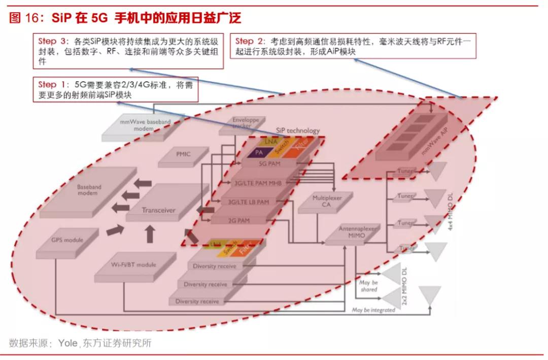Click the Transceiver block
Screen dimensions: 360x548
click(158, 210)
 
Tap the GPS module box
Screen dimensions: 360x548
click(67, 240)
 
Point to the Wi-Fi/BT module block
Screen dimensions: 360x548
click(133, 265)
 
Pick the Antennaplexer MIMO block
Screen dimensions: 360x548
click(358, 232)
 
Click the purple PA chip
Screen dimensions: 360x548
click(259, 152)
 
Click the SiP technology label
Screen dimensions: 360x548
click(298, 130)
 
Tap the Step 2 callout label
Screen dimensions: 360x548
click(251, 41)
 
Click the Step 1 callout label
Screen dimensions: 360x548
click(52, 84)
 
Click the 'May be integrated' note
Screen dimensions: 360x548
click(373, 310)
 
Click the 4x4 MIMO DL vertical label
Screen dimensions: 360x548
click(451, 211)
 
